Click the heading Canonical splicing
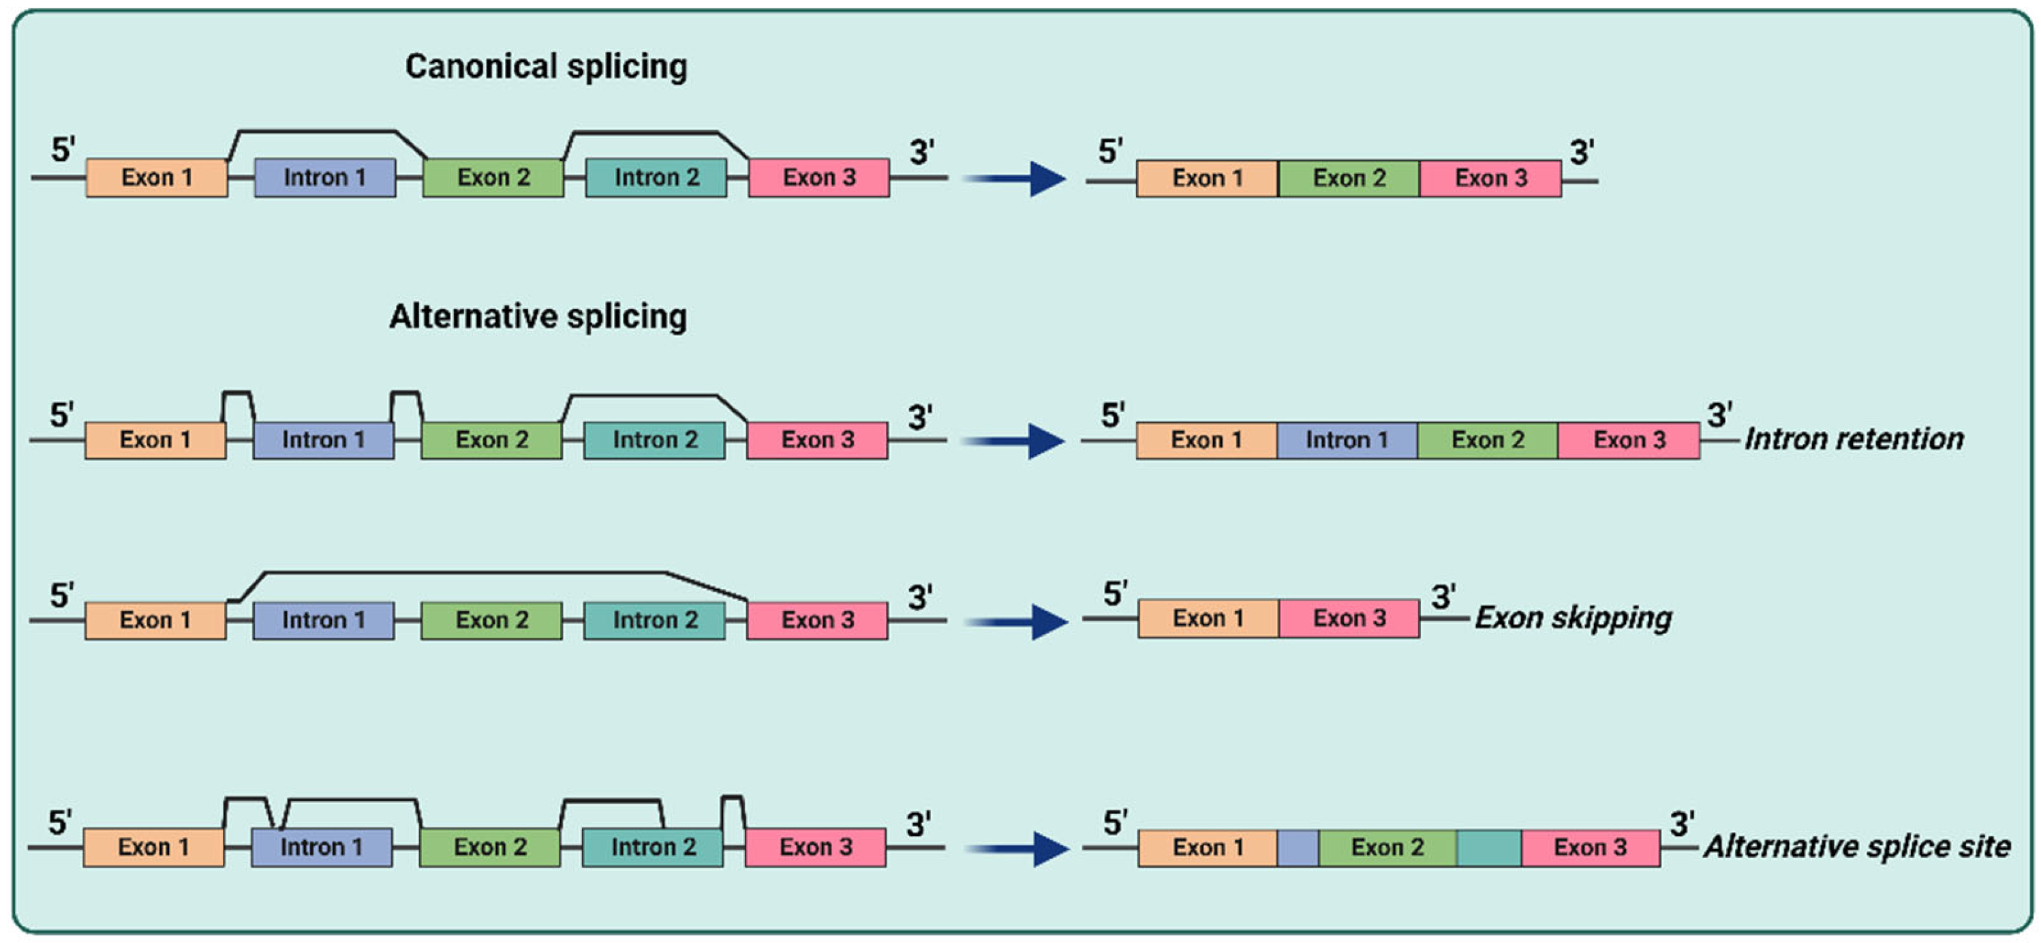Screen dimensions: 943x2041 pyautogui.click(x=546, y=67)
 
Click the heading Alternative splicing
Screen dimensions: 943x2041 pyautogui.click(x=538, y=316)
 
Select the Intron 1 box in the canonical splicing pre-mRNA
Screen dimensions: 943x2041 pyautogui.click(x=325, y=177)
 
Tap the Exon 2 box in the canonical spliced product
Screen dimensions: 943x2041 pyautogui.click(x=1349, y=178)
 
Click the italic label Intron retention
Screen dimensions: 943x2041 pyautogui.click(x=1854, y=439)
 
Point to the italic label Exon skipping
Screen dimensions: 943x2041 pyautogui.click(x=1573, y=618)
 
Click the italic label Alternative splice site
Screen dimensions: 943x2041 pyautogui.click(x=1857, y=846)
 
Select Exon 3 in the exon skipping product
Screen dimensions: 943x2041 pyautogui.click(x=1349, y=618)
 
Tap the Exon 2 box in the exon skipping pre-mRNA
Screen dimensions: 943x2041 pyautogui.click(x=491, y=620)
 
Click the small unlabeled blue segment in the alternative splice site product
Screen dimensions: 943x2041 pyautogui.click(x=1298, y=848)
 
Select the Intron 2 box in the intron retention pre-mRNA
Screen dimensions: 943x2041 pyautogui.click(x=654, y=440)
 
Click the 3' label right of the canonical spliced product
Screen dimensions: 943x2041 pyautogui.click(x=1582, y=152)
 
